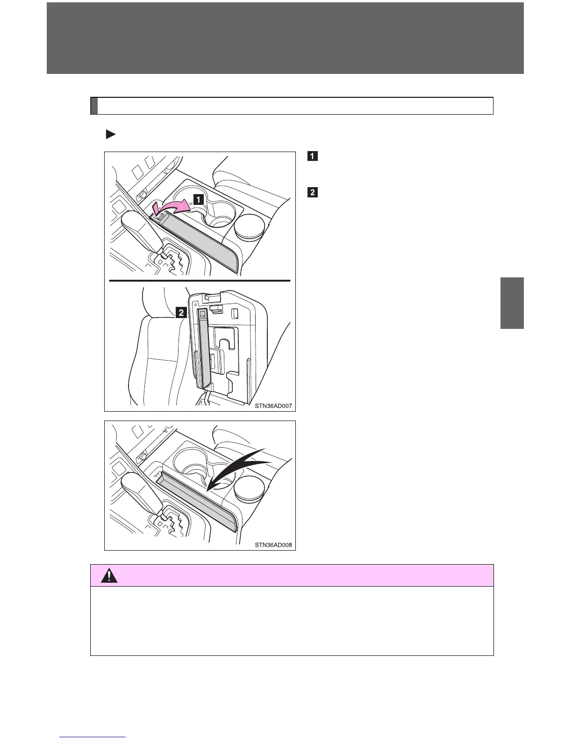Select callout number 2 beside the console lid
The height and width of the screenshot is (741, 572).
[x=181, y=312]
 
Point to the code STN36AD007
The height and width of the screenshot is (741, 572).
[x=273, y=406]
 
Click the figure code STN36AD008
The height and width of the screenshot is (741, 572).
[x=273, y=545]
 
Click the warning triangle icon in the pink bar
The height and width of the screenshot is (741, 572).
[x=109, y=575]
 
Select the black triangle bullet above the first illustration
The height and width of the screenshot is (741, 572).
[x=110, y=135]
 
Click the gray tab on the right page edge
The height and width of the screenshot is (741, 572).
[x=512, y=303]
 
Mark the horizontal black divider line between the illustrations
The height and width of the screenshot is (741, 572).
[x=200, y=280]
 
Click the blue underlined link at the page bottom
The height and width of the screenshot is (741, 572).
[x=93, y=737]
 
